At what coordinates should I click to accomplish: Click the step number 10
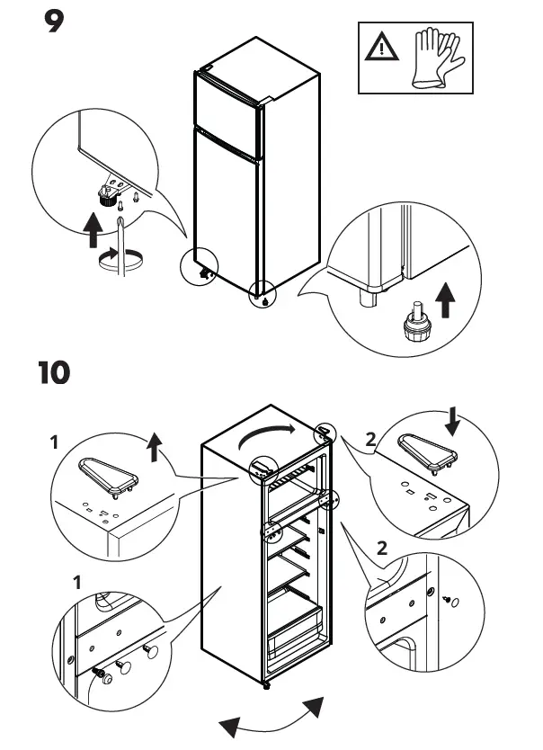coord(54,372)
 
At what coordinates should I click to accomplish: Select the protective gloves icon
coord(437,57)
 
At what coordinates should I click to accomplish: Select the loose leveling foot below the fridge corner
coord(414,324)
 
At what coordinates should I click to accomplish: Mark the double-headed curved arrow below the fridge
coord(272,715)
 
